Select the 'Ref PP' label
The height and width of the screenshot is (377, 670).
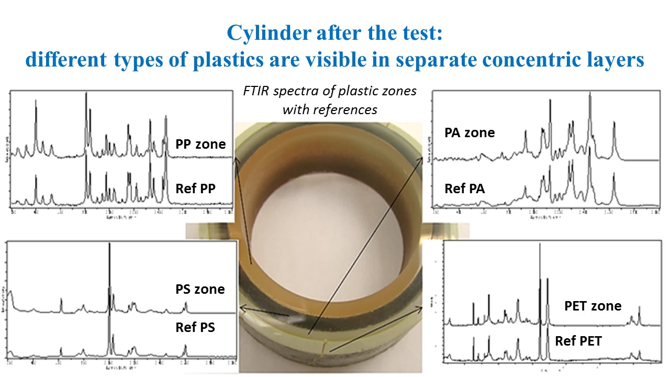click(x=196, y=188)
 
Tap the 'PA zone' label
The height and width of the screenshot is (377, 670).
click(x=470, y=132)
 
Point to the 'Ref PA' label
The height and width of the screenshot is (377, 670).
click(x=465, y=188)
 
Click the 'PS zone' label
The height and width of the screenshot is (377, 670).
click(x=200, y=289)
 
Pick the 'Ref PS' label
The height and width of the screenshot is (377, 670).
click(x=195, y=328)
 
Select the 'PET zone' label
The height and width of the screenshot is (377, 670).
click(x=593, y=306)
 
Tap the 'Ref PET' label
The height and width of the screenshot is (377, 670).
click(x=578, y=341)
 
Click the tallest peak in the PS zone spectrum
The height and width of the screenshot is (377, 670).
click(x=109, y=245)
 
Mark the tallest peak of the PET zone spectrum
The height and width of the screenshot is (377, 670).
click(x=540, y=245)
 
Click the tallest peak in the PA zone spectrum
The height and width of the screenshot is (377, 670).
click(x=590, y=94)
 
